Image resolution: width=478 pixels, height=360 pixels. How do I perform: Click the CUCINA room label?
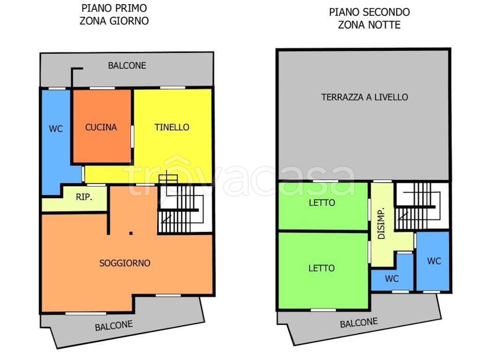point(101,127)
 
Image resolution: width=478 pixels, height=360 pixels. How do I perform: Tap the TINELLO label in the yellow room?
point(172,127)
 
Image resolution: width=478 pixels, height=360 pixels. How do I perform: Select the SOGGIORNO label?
point(125,263)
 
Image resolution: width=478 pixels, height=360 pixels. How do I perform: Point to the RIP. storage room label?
point(84,197)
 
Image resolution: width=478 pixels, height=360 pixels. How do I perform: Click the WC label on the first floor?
point(56,129)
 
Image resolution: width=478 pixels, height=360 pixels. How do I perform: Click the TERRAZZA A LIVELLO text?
point(364,97)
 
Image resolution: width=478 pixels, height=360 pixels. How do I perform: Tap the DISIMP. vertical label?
point(381,224)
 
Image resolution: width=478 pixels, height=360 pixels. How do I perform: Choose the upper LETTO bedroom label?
point(322,203)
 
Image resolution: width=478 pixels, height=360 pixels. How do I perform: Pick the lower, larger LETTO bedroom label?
point(322,268)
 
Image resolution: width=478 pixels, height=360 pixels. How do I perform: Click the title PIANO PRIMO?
point(114,8)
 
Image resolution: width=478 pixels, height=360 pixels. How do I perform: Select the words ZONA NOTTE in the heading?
point(369,25)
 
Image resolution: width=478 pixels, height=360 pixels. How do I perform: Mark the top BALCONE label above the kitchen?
point(127,66)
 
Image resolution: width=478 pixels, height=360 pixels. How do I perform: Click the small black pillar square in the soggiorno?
point(131,233)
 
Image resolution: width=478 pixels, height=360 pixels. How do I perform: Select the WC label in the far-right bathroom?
point(434,261)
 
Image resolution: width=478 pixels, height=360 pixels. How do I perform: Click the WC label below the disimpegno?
point(392,279)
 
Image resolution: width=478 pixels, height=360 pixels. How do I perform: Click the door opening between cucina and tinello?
point(132,137)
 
